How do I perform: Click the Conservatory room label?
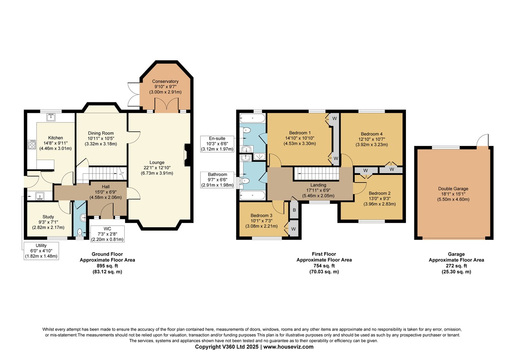coord(165,81)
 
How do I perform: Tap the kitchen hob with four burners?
coord(32,144)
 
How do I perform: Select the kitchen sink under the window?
coord(51,117)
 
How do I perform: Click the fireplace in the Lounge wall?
coord(187,155)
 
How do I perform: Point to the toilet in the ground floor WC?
coord(80,232)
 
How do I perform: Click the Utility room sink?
coord(40,196)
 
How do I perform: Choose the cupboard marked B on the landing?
coord(294,210)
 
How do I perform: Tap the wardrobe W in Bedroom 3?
coord(294,229)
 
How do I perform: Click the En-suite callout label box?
coord(217,144)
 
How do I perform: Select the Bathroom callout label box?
coord(218,180)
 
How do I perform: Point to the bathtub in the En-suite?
coord(252,118)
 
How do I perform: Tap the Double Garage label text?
coord(453,188)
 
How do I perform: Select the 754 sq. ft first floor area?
coord(324,266)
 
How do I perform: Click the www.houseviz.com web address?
coord(288,347)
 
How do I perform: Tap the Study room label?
coord(48,217)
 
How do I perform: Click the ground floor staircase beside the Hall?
coord(103,174)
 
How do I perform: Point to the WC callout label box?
coord(107,234)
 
